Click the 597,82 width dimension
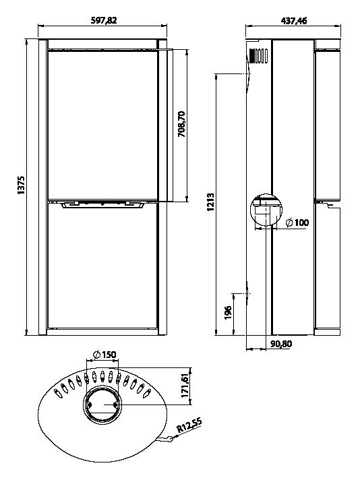tap(104, 20)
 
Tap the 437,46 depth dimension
tap(293, 20)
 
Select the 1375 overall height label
tap(21, 185)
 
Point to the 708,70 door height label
tap(181, 124)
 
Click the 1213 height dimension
tap(210, 202)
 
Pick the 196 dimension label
tap(228, 312)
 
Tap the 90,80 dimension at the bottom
tap(281, 344)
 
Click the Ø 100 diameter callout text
tap(297, 222)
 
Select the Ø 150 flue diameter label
tap(104, 355)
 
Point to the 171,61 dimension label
tap(185, 386)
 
